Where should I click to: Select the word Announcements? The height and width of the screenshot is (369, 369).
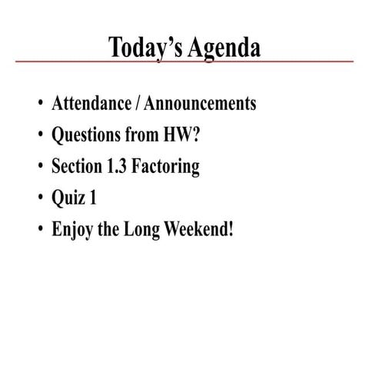[x=201, y=104]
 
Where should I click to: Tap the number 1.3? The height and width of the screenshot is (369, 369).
[x=115, y=166]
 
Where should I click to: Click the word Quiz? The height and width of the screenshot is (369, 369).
[x=66, y=198]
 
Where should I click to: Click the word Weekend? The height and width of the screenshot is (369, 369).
[x=198, y=228]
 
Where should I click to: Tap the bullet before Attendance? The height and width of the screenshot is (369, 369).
[x=38, y=105]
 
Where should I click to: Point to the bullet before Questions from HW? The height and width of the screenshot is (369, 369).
[x=38, y=136]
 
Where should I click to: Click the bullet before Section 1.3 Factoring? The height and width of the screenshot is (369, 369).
[x=38, y=167]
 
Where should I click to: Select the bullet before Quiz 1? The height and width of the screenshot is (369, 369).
[x=38, y=198]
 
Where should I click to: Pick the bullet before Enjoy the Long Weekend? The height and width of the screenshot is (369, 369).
[x=38, y=229]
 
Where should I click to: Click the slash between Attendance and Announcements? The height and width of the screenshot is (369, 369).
[x=128, y=104]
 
